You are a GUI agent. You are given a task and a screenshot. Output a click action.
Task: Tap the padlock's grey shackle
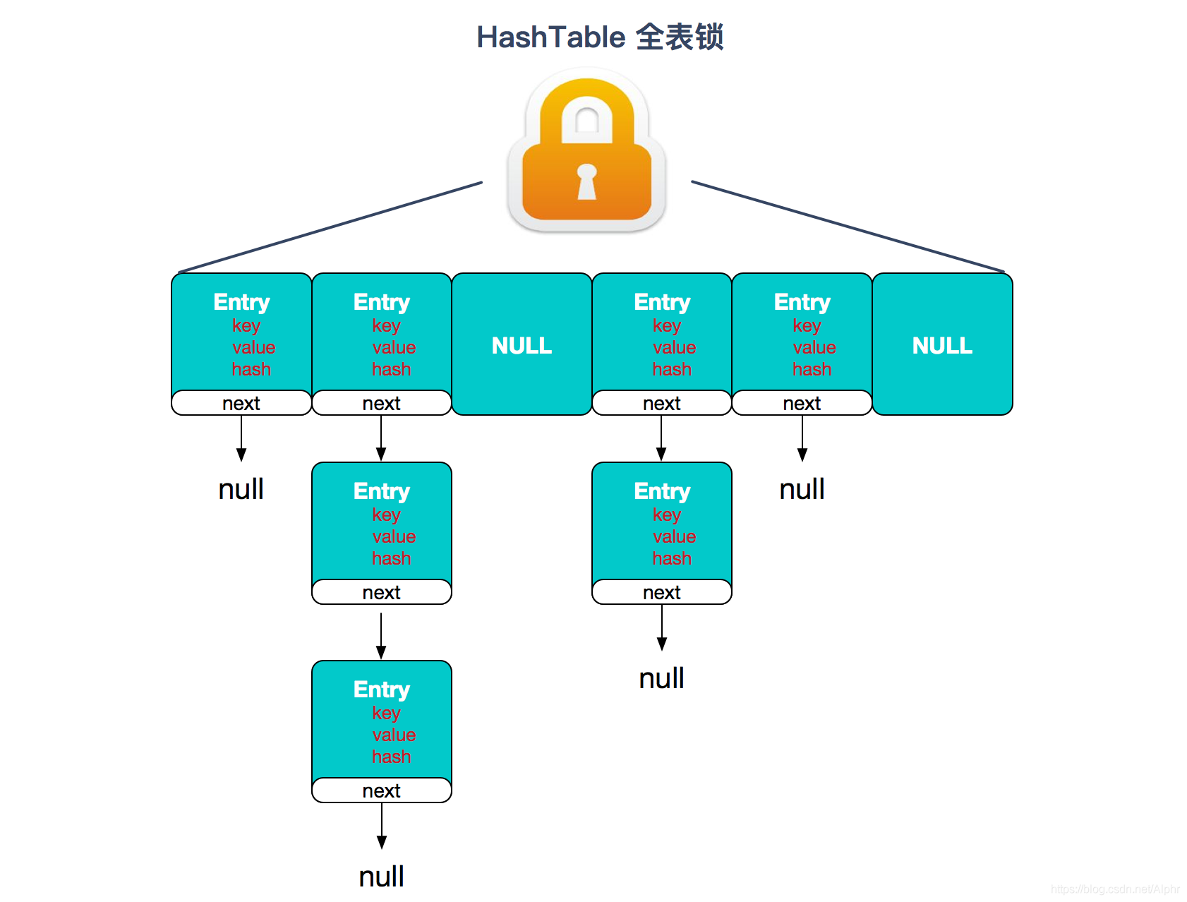pyautogui.click(x=587, y=106)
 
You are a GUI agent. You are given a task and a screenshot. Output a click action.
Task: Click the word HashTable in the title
pyautogui.click(x=550, y=37)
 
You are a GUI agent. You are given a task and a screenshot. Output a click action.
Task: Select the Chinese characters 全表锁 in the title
pyautogui.click(x=679, y=37)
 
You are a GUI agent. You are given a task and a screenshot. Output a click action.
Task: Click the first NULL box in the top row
pyautogui.click(x=522, y=345)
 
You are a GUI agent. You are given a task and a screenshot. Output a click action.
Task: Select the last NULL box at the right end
pyautogui.click(x=942, y=345)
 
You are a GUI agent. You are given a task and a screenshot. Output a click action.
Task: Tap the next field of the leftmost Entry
pyautogui.click(x=241, y=403)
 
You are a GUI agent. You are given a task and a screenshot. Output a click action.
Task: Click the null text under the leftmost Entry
pyautogui.click(x=241, y=489)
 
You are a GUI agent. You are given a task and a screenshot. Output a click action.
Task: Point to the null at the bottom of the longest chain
pyautogui.click(x=381, y=877)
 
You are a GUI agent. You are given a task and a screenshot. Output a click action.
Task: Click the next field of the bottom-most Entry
pyautogui.click(x=381, y=790)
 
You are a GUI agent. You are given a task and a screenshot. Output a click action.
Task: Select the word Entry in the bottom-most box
pyautogui.click(x=381, y=690)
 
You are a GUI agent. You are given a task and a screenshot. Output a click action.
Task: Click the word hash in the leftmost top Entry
pyautogui.click(x=251, y=369)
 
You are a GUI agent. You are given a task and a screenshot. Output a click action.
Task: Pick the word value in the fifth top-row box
pyautogui.click(x=814, y=347)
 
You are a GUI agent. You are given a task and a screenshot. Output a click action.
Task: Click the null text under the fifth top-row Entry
pyautogui.click(x=802, y=489)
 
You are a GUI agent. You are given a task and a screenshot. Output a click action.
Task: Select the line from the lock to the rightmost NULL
pyautogui.click(x=847, y=227)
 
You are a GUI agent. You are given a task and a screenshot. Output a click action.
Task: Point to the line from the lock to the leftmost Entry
pyautogui.click(x=332, y=227)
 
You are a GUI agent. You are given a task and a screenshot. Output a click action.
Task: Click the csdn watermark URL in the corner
pyautogui.click(x=1114, y=889)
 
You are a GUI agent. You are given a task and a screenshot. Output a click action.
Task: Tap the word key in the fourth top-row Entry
pyautogui.click(x=666, y=325)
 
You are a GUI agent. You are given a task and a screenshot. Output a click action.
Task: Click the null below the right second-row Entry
pyautogui.click(x=661, y=678)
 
